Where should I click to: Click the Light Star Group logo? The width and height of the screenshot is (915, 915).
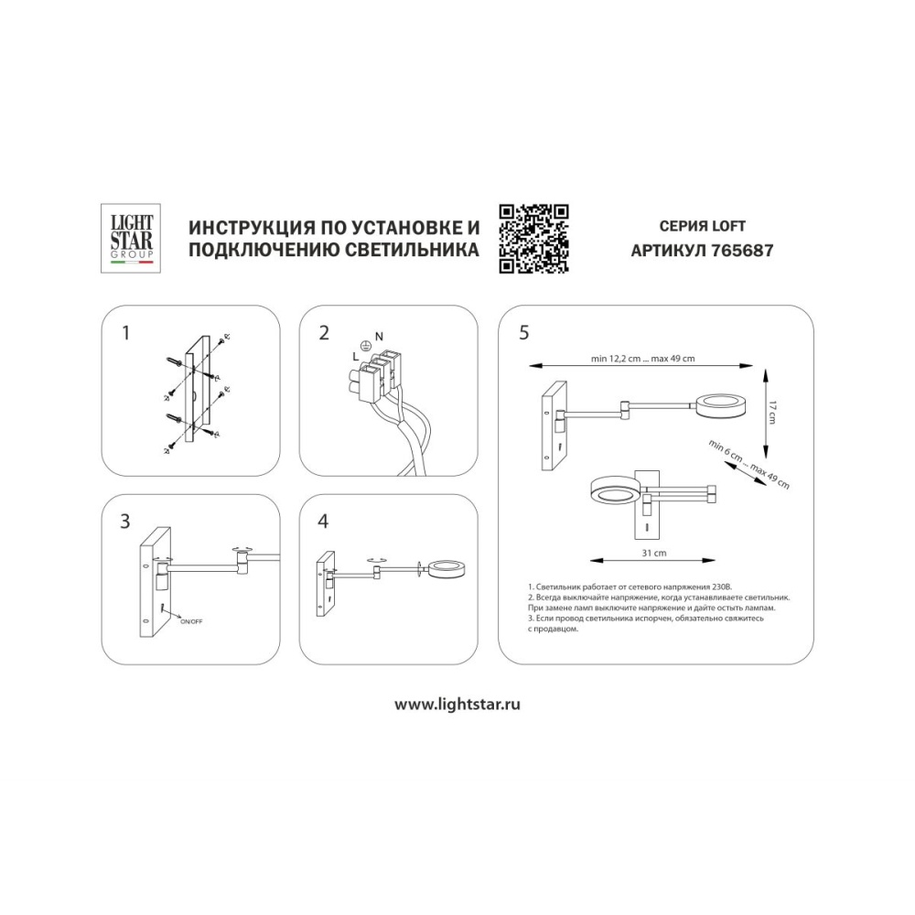131,238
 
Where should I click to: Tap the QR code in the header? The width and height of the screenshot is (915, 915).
533,239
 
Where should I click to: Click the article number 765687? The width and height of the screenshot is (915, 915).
742,251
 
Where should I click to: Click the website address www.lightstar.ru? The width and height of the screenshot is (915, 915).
457,705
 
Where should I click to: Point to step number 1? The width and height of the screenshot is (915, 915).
125,333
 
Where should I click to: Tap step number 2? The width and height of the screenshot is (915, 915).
324,333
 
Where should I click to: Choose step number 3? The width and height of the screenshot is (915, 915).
124,522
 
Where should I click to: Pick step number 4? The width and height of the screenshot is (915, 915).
323,522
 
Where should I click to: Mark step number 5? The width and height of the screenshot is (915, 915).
523,333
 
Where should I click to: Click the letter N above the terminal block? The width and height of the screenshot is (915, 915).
380,337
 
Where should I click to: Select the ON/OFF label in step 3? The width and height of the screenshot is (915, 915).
191,622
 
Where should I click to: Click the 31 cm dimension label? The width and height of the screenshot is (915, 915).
653,554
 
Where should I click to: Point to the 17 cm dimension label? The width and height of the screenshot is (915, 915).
772,413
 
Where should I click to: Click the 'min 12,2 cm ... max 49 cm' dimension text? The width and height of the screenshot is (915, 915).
642,359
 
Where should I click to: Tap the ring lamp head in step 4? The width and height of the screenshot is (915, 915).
447,569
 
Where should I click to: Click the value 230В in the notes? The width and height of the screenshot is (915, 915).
721,587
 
